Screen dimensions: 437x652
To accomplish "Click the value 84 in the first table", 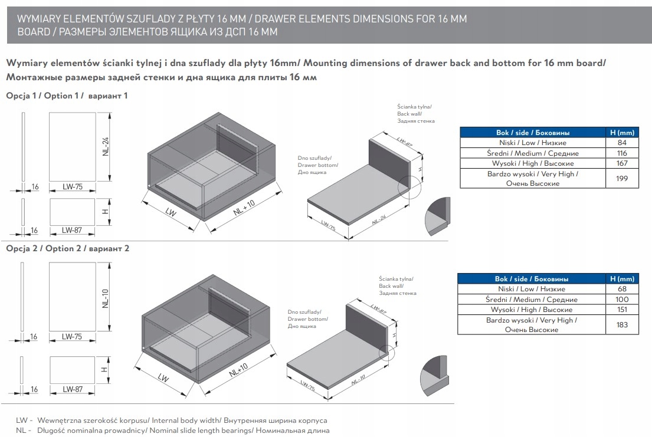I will [621, 143].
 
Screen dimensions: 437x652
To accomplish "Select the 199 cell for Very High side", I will [621, 179].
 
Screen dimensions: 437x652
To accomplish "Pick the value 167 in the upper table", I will [621, 163].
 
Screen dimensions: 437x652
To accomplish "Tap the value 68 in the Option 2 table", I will [621, 289].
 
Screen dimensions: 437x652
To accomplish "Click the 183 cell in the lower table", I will [621, 325].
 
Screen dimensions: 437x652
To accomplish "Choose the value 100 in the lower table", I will [621, 300].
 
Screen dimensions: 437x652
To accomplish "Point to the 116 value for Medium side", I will [621, 153].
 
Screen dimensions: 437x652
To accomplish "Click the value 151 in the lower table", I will [621, 310].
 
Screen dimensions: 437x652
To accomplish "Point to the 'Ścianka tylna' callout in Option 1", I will [415, 107].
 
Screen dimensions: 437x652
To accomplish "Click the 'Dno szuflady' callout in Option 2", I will [304, 312].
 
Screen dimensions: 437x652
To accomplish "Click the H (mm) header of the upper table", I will [621, 133].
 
